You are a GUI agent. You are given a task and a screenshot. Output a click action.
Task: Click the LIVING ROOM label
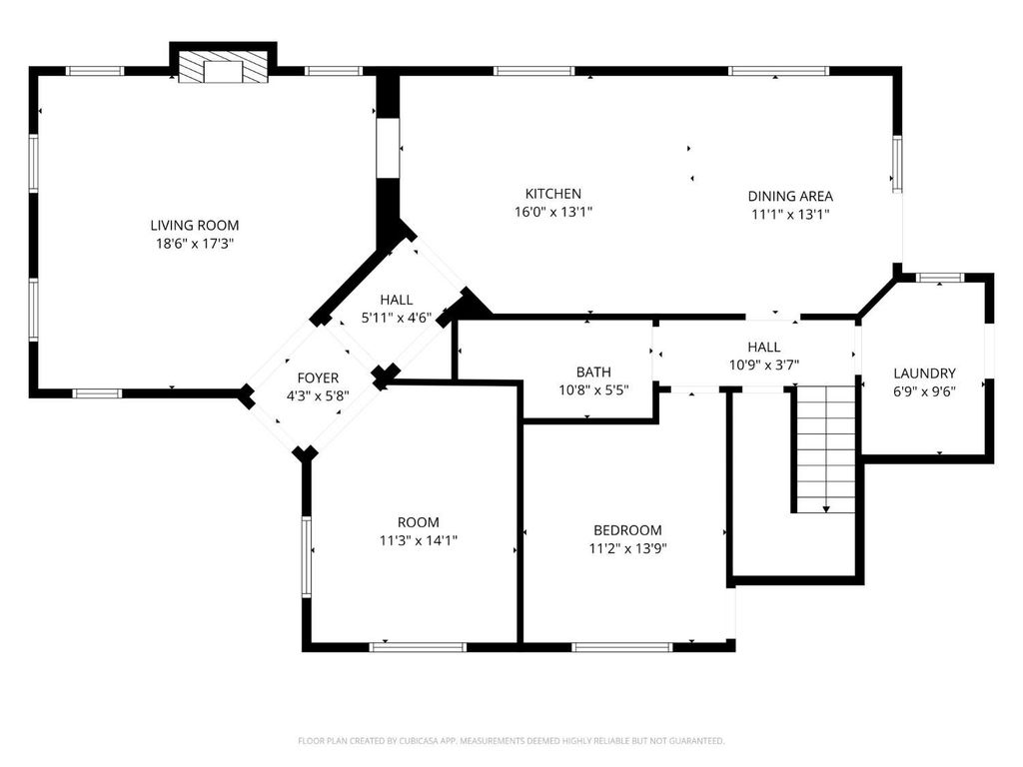(x=195, y=226)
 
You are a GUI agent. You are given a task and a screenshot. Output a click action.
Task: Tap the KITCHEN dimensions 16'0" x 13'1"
(x=553, y=212)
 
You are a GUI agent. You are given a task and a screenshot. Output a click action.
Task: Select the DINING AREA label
(x=790, y=197)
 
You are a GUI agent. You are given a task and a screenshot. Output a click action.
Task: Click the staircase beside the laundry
(x=826, y=448)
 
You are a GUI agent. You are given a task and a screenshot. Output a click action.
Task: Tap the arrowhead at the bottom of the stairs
(x=826, y=508)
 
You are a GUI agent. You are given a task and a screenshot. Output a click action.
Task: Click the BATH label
(x=593, y=373)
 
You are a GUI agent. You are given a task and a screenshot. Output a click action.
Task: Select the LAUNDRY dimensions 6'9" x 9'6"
(x=924, y=391)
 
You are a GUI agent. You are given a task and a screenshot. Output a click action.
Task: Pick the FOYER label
(x=318, y=379)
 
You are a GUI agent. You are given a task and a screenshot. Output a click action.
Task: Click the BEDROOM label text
(x=627, y=531)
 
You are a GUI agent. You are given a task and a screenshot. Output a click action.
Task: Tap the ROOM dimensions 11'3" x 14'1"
(x=419, y=540)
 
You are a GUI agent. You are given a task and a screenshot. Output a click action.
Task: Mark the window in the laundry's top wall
(x=939, y=278)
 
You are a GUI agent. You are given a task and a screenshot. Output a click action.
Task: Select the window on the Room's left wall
(x=306, y=556)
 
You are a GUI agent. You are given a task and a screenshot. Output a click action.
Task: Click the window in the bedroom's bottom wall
(x=621, y=647)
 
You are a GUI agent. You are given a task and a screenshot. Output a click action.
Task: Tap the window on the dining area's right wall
(x=898, y=164)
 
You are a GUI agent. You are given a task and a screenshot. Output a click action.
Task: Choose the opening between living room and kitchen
(x=388, y=148)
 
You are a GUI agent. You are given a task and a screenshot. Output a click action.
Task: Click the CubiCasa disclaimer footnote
(x=511, y=741)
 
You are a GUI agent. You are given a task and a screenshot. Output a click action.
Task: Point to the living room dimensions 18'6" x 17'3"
(x=195, y=244)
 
